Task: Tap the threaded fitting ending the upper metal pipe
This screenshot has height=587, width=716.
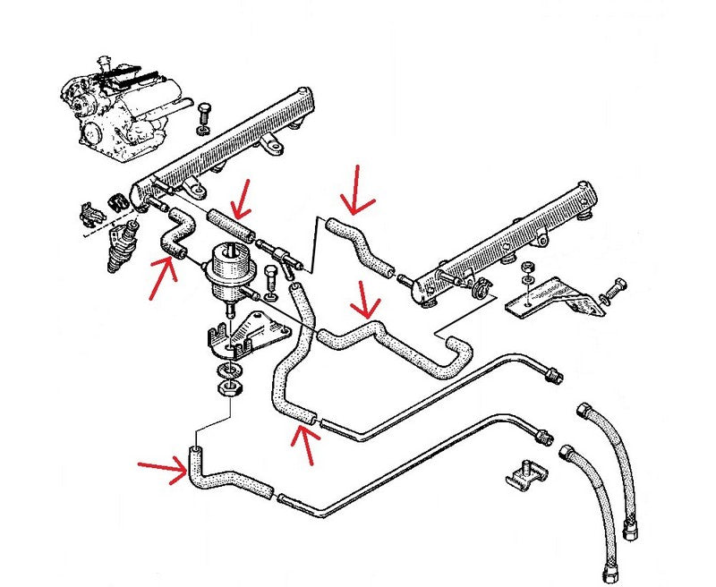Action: (556, 374)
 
